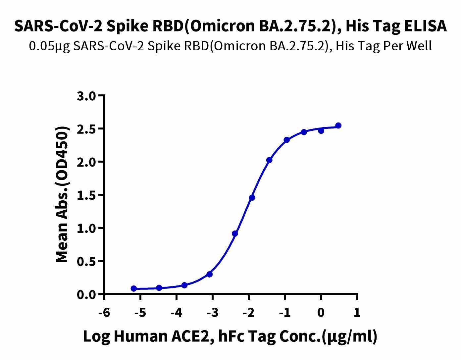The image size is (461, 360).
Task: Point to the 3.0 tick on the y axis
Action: click(x=87, y=96)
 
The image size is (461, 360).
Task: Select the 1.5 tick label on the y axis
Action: click(x=87, y=195)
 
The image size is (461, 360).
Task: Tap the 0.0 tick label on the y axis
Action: click(x=87, y=294)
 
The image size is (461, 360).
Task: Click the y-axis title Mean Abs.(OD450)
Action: click(x=63, y=195)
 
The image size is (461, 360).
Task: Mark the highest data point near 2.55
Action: click(x=338, y=126)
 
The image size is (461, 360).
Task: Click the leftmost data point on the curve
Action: click(x=134, y=288)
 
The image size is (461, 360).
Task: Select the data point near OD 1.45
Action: click(x=252, y=198)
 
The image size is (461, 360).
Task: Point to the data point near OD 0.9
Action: click(x=235, y=233)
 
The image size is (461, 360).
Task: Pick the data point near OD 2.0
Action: click(x=269, y=160)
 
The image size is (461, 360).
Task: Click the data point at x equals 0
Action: click(x=321, y=130)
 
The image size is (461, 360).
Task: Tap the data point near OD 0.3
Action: click(x=209, y=274)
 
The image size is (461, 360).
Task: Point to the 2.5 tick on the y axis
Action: click(x=87, y=129)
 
